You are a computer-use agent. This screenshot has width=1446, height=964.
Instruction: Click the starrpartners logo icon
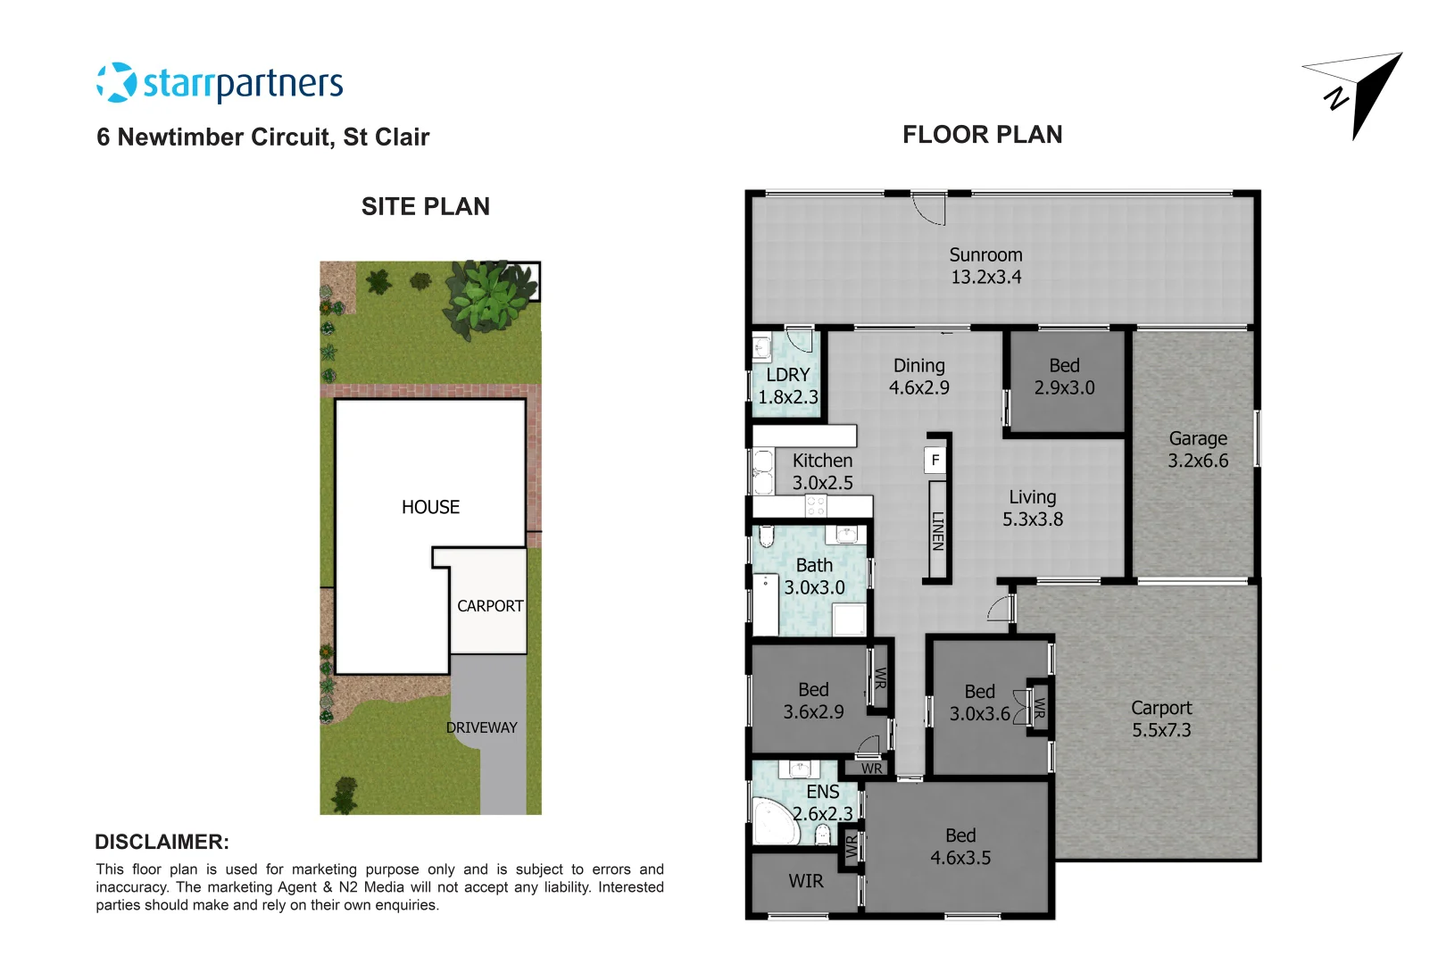click(116, 82)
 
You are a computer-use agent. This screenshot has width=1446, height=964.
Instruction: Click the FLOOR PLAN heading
click(982, 135)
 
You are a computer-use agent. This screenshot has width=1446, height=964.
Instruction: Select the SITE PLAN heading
click(425, 207)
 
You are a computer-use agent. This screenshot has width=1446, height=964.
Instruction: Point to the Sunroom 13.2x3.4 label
click(985, 266)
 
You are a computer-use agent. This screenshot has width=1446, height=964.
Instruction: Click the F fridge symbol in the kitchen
click(935, 461)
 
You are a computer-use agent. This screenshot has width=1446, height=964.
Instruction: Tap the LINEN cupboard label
click(937, 530)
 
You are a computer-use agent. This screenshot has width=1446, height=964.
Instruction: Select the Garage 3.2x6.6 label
click(1198, 450)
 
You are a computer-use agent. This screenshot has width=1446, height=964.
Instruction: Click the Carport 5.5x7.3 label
click(1161, 719)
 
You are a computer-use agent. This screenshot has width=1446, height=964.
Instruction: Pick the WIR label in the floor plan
click(805, 882)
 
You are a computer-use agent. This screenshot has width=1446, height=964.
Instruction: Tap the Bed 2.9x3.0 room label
click(1064, 377)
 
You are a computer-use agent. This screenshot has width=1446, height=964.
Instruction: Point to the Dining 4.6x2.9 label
click(918, 377)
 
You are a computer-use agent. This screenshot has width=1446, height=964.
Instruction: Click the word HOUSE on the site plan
click(430, 507)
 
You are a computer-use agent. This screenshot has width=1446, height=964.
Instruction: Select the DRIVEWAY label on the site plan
click(481, 727)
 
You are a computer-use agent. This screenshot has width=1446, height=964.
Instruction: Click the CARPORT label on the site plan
click(490, 606)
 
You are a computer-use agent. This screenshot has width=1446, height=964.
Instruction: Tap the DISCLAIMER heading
click(162, 842)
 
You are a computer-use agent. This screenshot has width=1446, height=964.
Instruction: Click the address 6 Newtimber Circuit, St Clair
click(262, 137)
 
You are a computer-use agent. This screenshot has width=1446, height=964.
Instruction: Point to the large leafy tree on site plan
click(488, 295)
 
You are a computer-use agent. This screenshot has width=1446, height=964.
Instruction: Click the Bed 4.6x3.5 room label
click(960, 847)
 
